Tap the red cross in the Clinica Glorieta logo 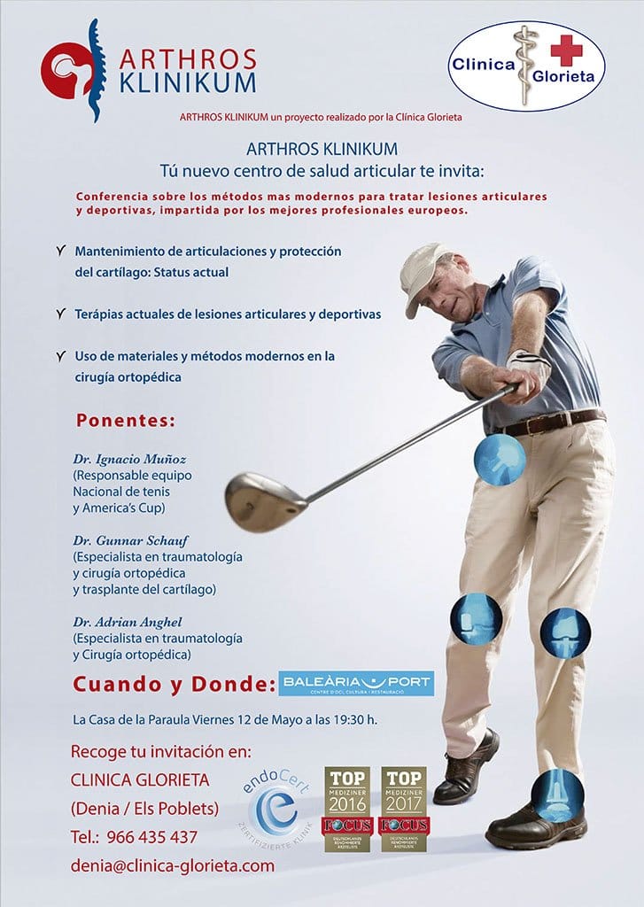(566, 50)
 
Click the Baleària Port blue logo (356, 683)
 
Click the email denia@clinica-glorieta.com (173, 866)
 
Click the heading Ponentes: (126, 418)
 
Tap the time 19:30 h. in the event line (353, 719)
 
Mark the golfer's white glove (530, 365)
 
